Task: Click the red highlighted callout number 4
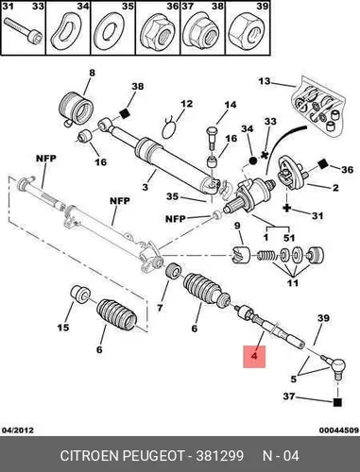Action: (254, 356)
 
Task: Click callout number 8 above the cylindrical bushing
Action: (92, 73)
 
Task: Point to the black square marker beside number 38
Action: (125, 113)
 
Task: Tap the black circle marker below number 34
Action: (253, 160)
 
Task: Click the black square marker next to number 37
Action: (337, 402)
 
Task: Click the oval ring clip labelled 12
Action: (170, 128)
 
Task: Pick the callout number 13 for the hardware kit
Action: (265, 81)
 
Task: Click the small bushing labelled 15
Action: (80, 294)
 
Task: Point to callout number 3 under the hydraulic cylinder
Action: (145, 187)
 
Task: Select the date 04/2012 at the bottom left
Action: (18, 430)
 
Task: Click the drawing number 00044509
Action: (339, 430)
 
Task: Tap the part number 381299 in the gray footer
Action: (220, 456)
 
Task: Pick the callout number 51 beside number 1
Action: (289, 238)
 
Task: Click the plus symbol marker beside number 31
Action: (286, 208)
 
